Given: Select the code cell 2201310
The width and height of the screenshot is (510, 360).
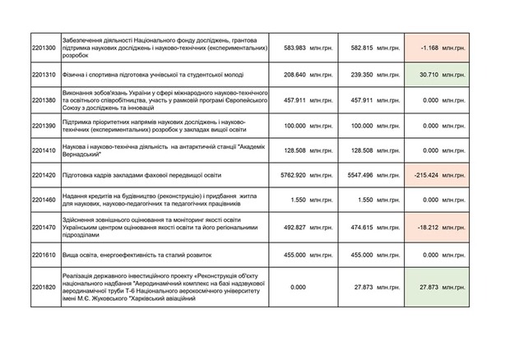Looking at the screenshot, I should coord(46,75).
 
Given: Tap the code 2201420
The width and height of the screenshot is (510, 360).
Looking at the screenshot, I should coord(46,176).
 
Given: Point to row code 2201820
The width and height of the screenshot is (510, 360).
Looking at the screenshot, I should coord(46,288).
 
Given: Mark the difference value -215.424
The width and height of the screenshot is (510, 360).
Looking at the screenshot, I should coord(429,176).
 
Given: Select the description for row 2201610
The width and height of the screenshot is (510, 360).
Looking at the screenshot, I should coord(120,256).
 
